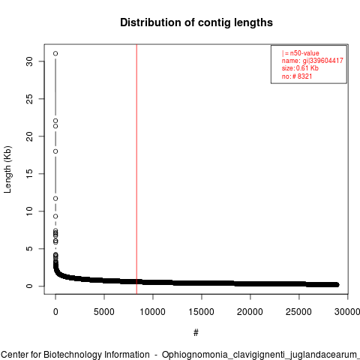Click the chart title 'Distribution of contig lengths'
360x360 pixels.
[x=196, y=22]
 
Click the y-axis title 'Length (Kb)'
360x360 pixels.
[x=7, y=169]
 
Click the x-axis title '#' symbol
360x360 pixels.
[x=196, y=333]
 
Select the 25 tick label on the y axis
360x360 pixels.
[x=29, y=99]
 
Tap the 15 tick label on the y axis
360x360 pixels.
[x=29, y=174]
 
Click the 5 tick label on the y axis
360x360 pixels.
[x=29, y=248]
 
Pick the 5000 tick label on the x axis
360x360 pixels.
[x=104, y=312]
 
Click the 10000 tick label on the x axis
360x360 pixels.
[x=152, y=312]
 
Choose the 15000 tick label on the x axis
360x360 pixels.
[x=201, y=312]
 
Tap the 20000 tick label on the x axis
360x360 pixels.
[x=250, y=312]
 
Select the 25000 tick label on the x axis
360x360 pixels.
[x=298, y=312]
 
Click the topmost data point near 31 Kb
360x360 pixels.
[x=55, y=53]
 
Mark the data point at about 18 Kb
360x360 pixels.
[x=55, y=151]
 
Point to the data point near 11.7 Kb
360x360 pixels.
[x=55, y=199]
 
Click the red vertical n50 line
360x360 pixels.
[x=136, y=169]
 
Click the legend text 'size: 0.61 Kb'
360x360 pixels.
[x=300, y=68]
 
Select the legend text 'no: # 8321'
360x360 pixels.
[x=297, y=76]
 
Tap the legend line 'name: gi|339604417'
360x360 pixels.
[x=313, y=61]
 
